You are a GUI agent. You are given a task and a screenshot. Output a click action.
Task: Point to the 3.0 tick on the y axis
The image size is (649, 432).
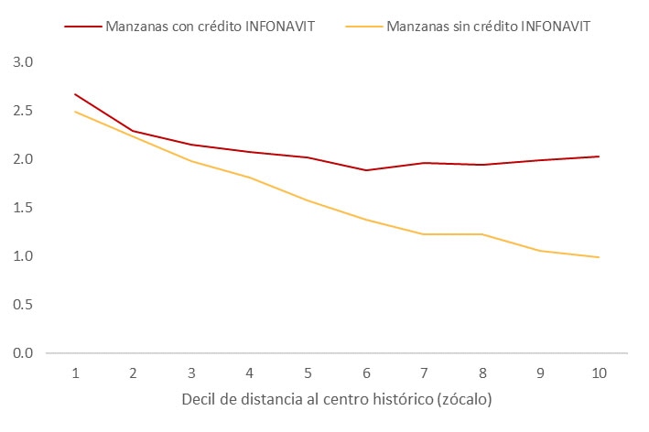[22, 62]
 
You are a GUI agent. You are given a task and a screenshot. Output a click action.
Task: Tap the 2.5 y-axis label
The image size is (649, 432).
[22, 111]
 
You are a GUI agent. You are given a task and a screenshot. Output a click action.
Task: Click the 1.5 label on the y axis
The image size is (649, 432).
[22, 208]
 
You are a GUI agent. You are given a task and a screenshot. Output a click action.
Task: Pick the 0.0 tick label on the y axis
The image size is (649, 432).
[22, 353]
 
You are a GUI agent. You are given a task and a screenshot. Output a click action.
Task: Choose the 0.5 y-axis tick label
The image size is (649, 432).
[22, 305]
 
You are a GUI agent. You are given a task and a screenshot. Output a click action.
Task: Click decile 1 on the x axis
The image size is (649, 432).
[75, 373]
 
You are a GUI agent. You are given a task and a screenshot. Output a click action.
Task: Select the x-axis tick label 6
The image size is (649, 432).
[366, 373]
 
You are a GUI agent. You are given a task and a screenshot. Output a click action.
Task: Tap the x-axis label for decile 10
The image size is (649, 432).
[599, 373]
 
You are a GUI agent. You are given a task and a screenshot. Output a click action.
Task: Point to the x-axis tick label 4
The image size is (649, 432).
[250, 373]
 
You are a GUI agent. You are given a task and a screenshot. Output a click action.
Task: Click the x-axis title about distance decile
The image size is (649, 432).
[336, 400]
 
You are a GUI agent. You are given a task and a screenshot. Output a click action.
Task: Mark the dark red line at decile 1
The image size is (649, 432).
[75, 94]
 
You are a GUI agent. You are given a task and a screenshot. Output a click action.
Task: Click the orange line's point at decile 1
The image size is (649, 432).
[75, 112]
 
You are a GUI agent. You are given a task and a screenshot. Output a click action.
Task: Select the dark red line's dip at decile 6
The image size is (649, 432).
[366, 170]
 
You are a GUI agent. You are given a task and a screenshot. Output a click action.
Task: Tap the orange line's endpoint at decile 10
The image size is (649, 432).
[599, 257]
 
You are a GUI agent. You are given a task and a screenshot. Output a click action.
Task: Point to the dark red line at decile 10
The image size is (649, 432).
[599, 157]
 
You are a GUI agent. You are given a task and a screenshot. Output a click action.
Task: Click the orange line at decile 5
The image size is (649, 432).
[308, 200]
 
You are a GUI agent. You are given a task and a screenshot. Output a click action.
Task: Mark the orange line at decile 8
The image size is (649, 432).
[482, 234]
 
